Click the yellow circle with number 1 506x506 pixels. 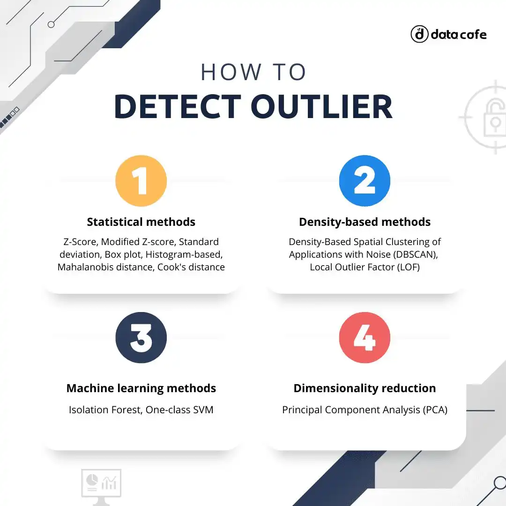(141, 181)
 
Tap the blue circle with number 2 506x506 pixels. (365, 181)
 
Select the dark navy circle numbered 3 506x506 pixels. (141, 337)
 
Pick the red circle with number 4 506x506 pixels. (365, 337)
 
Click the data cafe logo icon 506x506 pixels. (419, 34)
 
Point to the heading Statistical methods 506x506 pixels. (141, 222)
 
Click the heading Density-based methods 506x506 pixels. (365, 223)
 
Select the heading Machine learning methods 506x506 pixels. (141, 388)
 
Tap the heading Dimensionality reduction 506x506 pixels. (365, 388)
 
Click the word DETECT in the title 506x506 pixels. (178, 106)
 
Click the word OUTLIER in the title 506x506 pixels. (321, 106)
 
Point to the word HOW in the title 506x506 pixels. (231, 72)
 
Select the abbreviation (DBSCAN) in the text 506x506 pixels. (415, 254)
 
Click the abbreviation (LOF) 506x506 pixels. (408, 267)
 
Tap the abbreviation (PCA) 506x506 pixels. (435, 410)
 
